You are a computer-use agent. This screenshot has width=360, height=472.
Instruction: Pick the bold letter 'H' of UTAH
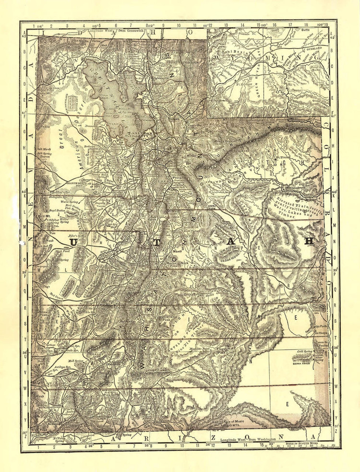click(x=309, y=241)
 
